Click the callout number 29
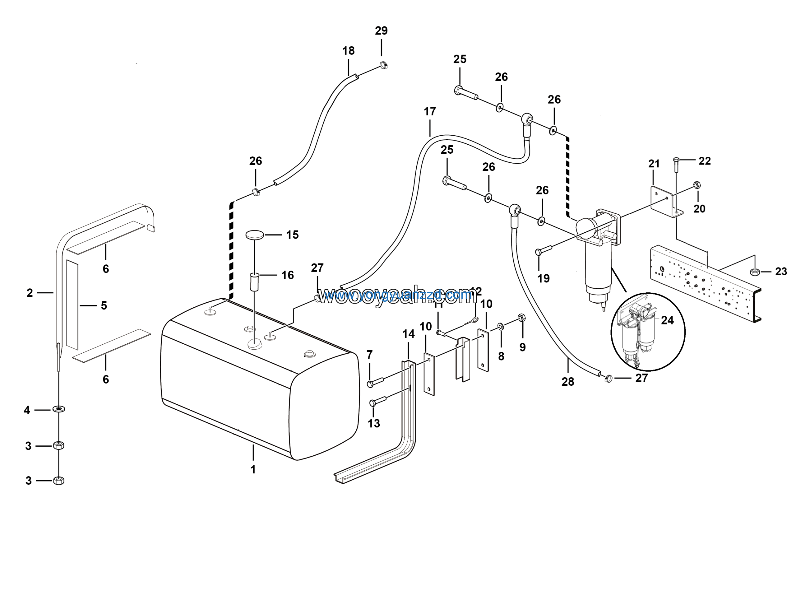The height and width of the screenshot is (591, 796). [x=381, y=31]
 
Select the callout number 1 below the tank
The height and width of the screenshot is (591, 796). [x=253, y=470]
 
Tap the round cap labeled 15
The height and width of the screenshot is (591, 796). [x=255, y=235]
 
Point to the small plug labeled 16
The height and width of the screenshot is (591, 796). [x=254, y=282]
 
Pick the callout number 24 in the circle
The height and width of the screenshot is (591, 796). [x=667, y=320]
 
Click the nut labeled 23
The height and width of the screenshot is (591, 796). [x=755, y=272]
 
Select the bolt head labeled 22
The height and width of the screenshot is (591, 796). [x=676, y=160]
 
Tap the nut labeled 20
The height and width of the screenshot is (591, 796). [x=696, y=185]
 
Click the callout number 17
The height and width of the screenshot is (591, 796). [x=430, y=112]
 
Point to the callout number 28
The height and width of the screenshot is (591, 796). [x=568, y=382]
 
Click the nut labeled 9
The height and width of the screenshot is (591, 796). [x=522, y=317]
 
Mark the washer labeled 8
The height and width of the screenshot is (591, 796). [x=501, y=326]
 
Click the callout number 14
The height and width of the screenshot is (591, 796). [x=408, y=334]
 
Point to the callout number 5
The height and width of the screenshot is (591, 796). [x=104, y=305]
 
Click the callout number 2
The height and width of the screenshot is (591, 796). [x=30, y=293]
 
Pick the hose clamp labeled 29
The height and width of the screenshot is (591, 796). [x=383, y=65]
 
